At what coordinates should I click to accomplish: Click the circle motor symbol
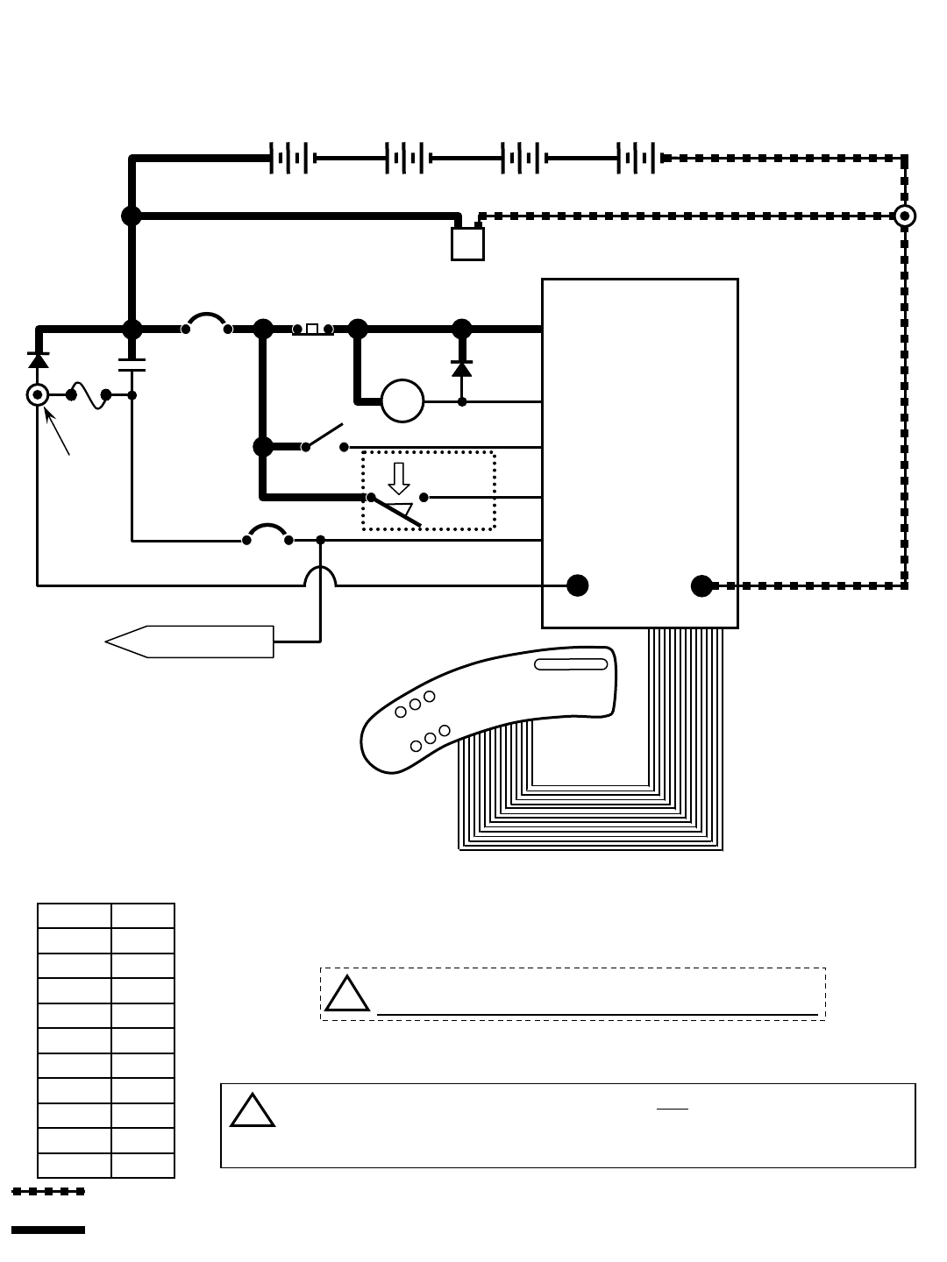(x=402, y=401)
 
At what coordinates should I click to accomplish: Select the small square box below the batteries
(x=467, y=244)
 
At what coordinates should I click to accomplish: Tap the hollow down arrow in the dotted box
(x=399, y=478)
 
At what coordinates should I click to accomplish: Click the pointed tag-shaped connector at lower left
(x=189, y=642)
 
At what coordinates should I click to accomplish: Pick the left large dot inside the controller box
(x=577, y=585)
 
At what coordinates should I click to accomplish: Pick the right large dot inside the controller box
(x=701, y=585)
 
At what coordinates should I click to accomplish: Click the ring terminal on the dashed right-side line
(x=904, y=216)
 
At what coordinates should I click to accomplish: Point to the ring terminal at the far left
(x=38, y=395)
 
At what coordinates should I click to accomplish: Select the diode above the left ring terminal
(x=38, y=359)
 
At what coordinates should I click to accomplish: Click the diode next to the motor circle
(x=462, y=368)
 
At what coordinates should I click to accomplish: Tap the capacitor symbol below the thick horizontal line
(x=132, y=365)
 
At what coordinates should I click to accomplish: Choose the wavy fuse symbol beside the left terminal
(x=89, y=395)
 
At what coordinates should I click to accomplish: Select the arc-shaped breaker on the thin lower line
(x=267, y=533)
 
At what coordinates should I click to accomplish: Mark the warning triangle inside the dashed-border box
(x=347, y=994)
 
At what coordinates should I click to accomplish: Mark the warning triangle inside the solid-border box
(x=253, y=1111)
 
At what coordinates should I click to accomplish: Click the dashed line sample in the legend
(x=48, y=1191)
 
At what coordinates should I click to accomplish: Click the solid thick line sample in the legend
(x=48, y=1230)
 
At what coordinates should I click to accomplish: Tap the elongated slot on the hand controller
(x=571, y=664)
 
